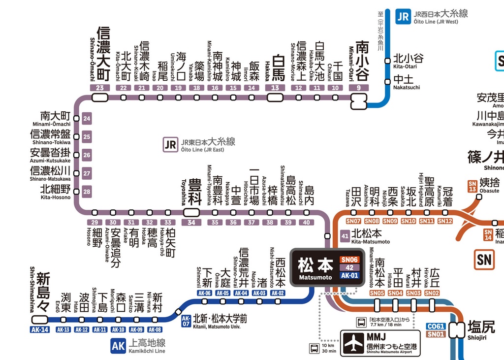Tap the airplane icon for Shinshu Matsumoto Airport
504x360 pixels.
click(353, 343)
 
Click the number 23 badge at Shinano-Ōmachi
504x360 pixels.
click(99, 88)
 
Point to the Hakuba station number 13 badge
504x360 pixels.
click(275, 88)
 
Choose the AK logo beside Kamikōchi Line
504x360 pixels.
click(118, 346)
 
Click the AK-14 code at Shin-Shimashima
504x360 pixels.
click(39, 329)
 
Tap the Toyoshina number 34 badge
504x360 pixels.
click(191, 222)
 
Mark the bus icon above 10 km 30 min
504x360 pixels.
click(314, 349)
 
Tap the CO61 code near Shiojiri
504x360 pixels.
click(436, 326)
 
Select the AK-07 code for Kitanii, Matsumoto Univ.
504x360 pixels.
click(186, 321)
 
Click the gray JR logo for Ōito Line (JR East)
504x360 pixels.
click(170, 145)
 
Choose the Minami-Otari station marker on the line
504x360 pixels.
click(359, 101)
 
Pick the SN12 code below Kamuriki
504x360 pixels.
click(445, 221)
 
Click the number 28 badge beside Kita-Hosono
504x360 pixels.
click(87, 192)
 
